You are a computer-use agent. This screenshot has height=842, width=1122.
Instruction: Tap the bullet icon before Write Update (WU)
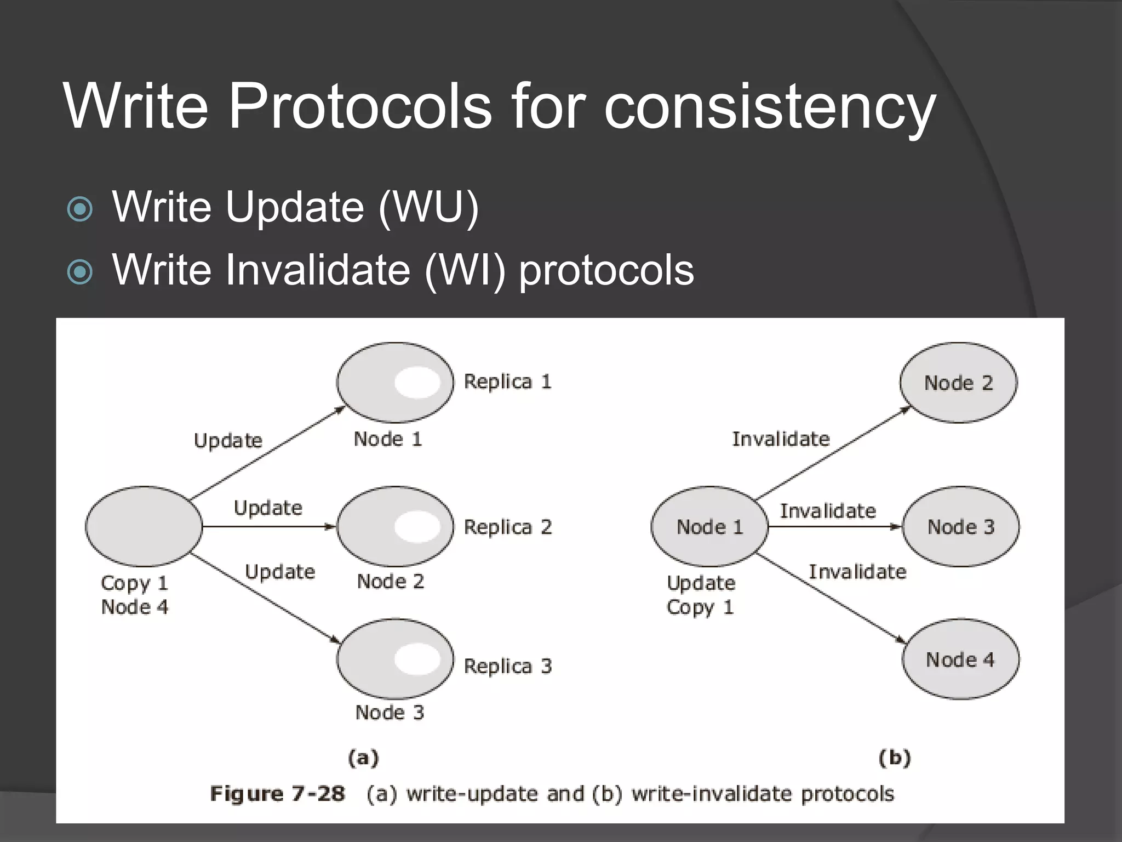point(80,209)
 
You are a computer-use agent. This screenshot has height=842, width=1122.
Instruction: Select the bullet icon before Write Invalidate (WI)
point(80,271)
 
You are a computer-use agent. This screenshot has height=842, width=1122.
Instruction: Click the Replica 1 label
point(507,382)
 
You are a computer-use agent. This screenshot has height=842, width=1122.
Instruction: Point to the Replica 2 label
point(507,527)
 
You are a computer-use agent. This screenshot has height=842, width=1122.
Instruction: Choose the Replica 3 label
point(507,666)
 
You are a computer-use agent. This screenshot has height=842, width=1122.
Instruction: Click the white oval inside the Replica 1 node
point(417,383)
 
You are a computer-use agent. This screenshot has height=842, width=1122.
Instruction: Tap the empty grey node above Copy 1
point(144,526)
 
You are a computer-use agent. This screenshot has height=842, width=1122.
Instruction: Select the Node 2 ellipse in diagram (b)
point(958,383)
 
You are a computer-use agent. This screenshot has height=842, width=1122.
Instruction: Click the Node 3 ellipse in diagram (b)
point(960,527)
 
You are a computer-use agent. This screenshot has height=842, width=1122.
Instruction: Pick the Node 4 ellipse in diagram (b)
point(960,659)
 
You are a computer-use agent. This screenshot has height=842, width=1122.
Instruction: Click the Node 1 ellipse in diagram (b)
point(709,527)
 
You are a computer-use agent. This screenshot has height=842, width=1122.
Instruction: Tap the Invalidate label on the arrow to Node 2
point(781,439)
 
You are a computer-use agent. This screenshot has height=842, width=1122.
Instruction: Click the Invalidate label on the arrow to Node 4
point(857,572)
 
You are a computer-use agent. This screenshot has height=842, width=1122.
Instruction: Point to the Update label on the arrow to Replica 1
point(228,441)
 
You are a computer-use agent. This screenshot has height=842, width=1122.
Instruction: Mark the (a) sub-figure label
point(363,758)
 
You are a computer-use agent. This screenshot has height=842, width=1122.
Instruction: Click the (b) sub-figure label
point(895,758)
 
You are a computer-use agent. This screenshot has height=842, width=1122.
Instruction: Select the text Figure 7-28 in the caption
point(277,794)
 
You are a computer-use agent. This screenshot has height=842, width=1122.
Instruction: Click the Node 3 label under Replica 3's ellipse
point(390,713)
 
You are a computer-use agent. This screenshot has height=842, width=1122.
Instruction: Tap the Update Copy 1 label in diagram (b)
point(701,595)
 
